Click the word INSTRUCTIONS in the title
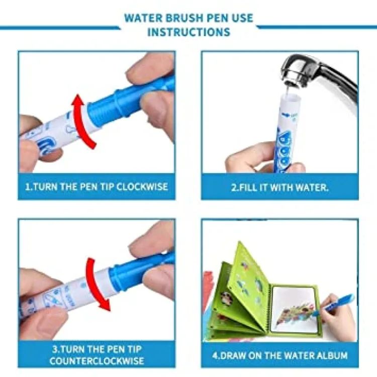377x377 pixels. [x=189, y=32]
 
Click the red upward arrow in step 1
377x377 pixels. [x=81, y=121]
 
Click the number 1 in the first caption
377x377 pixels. [x=28, y=186]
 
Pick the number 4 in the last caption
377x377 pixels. [x=215, y=355]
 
